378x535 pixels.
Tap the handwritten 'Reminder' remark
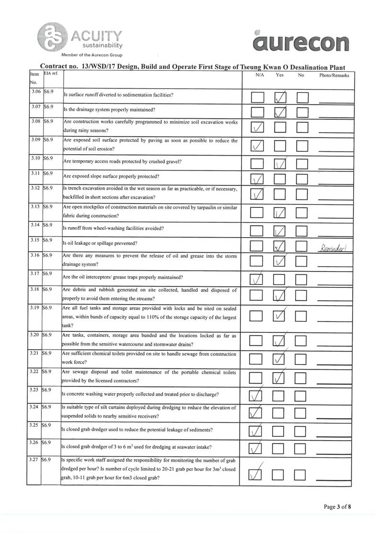335,248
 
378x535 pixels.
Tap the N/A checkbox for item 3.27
258,474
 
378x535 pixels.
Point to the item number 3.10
34,158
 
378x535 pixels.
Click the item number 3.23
34,390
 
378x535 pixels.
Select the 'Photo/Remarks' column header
334,75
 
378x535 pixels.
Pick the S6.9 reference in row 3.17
48,273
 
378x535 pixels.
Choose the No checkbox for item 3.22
302,378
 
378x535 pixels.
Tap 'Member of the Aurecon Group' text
89,55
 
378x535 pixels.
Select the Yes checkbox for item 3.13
280,212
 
